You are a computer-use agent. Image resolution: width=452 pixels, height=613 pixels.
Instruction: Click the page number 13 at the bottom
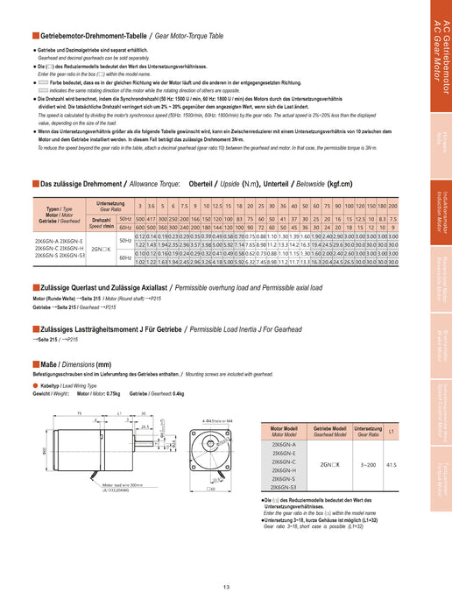click(226, 587)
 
